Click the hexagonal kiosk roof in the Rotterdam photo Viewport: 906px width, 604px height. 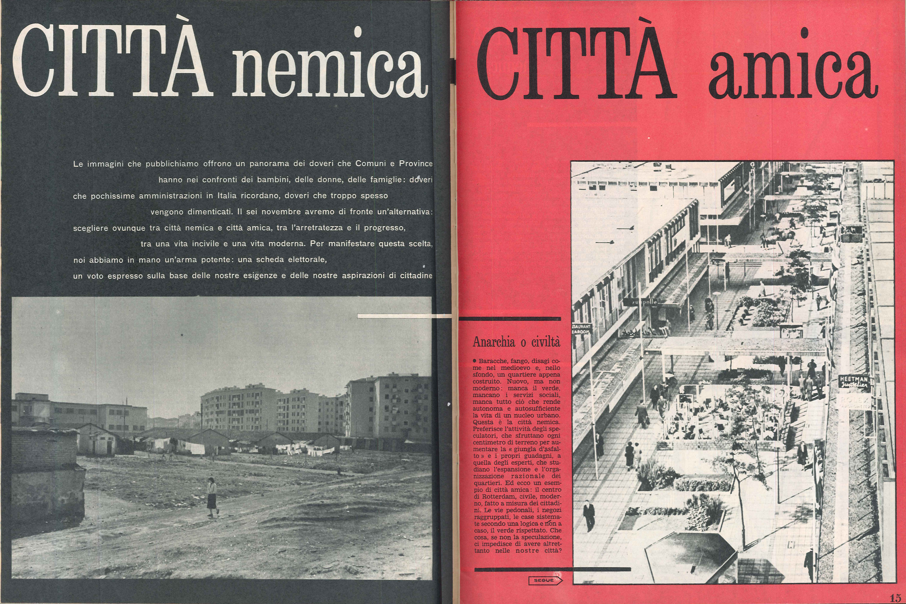[x=689, y=555]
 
